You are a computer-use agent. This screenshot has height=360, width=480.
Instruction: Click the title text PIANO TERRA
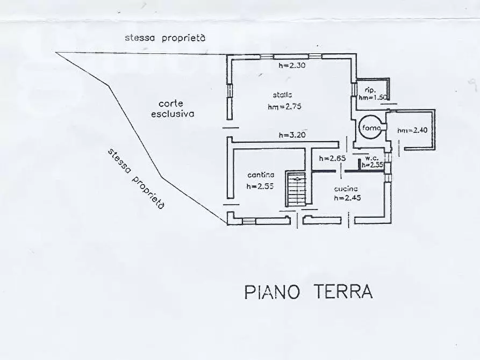[x=308, y=292]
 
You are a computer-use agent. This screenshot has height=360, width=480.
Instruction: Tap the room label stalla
[x=281, y=95]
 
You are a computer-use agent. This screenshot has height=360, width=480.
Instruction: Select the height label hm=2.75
[x=284, y=106]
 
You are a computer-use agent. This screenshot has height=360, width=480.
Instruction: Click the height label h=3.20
[x=292, y=135]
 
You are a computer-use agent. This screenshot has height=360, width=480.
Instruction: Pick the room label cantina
[x=261, y=175]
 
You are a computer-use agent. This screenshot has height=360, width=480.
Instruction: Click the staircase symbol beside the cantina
[x=295, y=189]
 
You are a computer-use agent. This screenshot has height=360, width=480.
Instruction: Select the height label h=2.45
[x=347, y=198]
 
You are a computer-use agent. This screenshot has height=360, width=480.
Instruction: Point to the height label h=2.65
[x=331, y=159]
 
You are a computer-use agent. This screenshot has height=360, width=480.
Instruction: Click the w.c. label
[x=372, y=158]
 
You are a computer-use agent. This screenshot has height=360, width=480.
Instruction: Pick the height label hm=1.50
[x=371, y=97]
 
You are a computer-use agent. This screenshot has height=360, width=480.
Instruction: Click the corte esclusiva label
[x=172, y=109]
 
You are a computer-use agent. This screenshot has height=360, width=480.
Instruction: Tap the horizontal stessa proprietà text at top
[x=165, y=38]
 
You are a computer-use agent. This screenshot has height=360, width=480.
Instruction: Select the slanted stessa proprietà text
[x=136, y=178]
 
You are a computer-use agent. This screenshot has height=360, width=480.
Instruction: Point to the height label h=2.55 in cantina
[x=261, y=186]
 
